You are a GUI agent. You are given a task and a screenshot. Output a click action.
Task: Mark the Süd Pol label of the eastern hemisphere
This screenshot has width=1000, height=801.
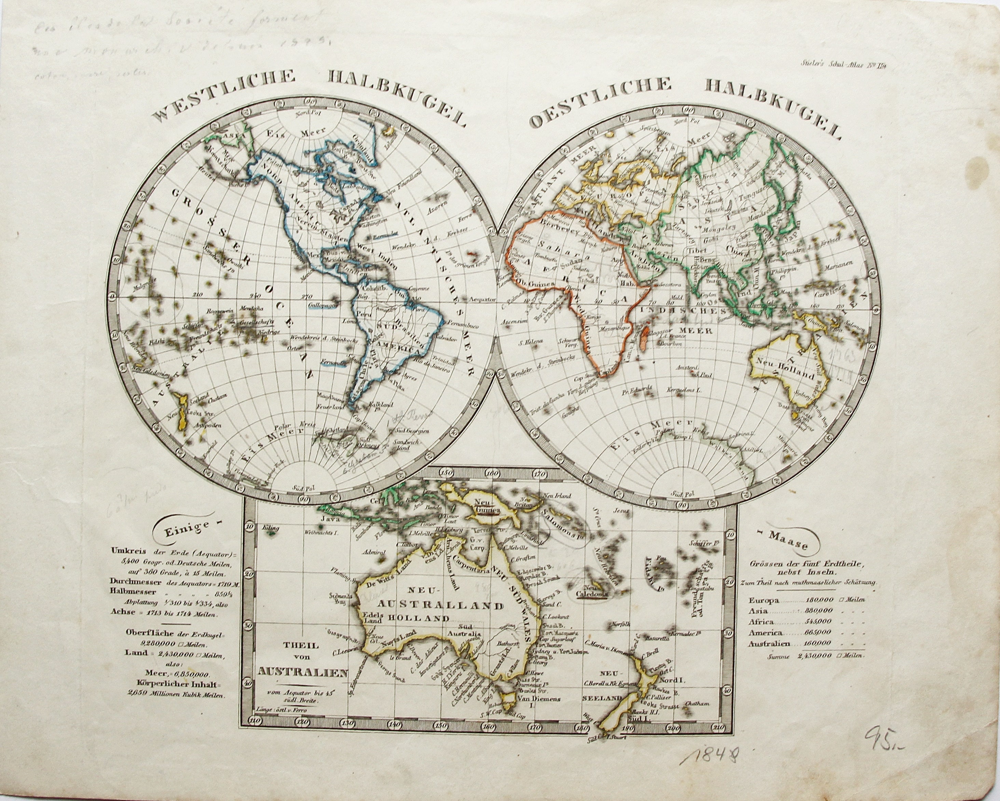coord(683,494)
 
